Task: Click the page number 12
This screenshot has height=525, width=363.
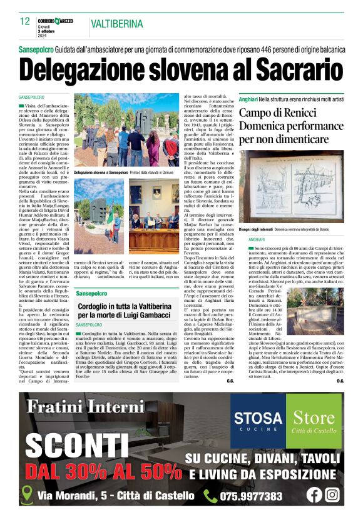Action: click(25, 21)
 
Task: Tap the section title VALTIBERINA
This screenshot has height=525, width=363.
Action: click(116, 24)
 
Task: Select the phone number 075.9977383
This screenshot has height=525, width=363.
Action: click(252, 496)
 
